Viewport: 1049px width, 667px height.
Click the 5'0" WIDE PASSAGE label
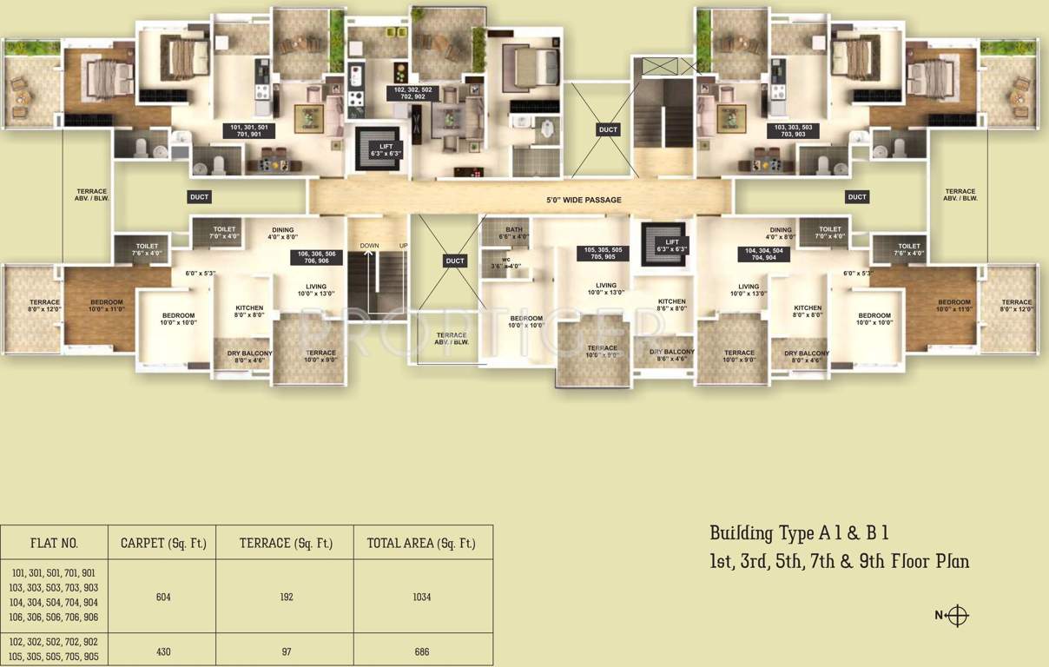click(x=584, y=201)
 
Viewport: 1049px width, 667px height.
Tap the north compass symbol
click(x=956, y=615)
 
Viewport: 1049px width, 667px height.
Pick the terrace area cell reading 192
click(x=287, y=598)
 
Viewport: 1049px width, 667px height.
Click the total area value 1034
click(x=422, y=598)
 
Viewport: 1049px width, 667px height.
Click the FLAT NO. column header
click(x=54, y=544)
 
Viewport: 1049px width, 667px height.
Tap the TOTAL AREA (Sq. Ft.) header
click(x=422, y=544)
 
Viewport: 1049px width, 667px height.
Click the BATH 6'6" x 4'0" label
click(x=514, y=233)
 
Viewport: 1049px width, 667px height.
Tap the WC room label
click(x=505, y=263)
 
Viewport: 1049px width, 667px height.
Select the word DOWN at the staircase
click(x=369, y=246)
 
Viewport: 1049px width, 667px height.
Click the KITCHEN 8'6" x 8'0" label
click(x=671, y=305)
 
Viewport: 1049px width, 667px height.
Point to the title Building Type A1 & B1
click(x=798, y=533)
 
